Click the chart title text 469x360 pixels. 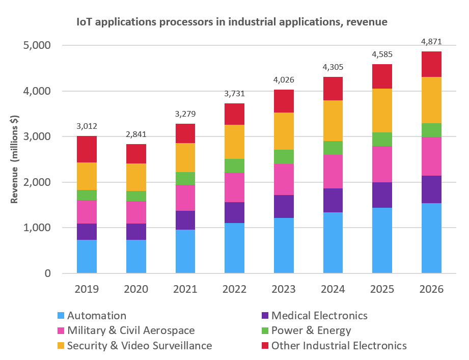(232, 22)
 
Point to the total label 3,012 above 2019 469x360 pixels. (87, 126)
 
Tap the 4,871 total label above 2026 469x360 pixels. (431, 42)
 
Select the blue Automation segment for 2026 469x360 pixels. (431, 238)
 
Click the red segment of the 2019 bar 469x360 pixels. (87, 149)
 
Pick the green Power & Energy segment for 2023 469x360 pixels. (284, 156)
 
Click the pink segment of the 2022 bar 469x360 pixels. (234, 187)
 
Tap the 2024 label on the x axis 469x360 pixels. (333, 289)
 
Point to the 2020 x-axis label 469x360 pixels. (136, 289)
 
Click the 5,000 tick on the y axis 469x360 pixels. (37, 46)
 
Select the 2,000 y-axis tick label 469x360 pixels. (37, 182)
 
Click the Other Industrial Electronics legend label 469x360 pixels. (339, 346)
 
